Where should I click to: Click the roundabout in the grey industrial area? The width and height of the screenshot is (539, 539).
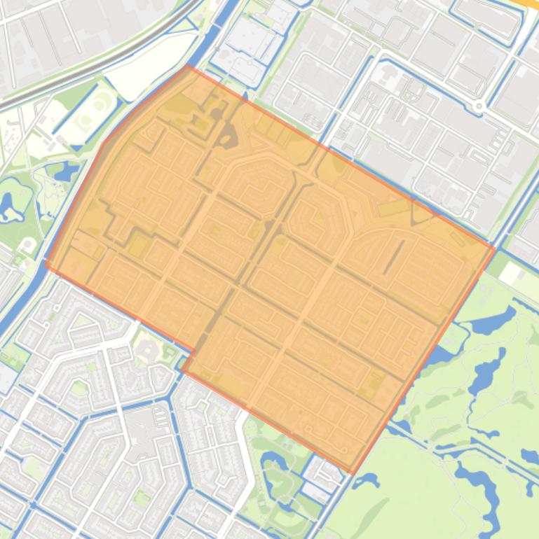click(x=479, y=106)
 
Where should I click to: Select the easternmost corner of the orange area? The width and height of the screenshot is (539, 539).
click(x=494, y=248)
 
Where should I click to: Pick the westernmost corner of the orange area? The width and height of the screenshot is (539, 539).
click(x=46, y=265)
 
